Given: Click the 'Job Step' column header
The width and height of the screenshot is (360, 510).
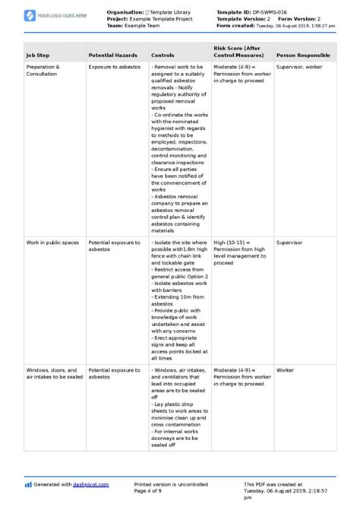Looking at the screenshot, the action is [38, 55].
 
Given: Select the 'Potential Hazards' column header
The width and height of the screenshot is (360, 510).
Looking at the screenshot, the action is [112, 55].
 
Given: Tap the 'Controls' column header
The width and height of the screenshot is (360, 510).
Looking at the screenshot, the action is [163, 55].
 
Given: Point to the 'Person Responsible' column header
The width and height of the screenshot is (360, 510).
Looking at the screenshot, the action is [303, 55].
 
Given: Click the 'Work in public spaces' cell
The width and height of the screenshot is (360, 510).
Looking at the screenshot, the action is [52, 242].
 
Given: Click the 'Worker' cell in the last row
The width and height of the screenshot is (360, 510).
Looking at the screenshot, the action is [286, 348].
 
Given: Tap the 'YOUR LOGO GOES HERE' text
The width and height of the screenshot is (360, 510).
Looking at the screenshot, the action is [62, 15].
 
